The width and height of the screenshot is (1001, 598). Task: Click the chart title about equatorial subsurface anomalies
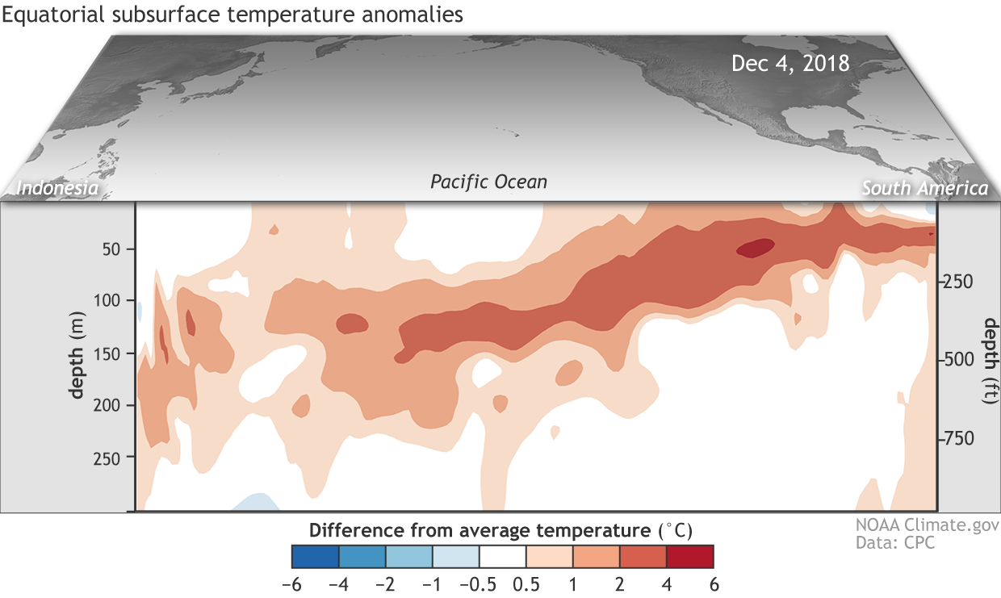tap(232, 15)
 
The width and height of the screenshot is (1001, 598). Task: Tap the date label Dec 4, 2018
tap(790, 63)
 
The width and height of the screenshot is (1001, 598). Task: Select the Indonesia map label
tap(58, 188)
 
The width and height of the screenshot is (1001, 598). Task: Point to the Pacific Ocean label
tap(488, 182)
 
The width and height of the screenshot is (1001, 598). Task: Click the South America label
tap(924, 188)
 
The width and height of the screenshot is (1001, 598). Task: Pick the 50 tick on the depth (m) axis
tap(111, 249)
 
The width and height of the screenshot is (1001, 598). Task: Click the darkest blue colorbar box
tap(315, 557)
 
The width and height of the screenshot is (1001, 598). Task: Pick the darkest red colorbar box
tap(691, 557)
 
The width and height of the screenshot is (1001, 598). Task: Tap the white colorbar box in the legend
tap(503, 557)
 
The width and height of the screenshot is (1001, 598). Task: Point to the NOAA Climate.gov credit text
tap(927, 525)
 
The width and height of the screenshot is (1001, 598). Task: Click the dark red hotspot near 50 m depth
tap(755, 248)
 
